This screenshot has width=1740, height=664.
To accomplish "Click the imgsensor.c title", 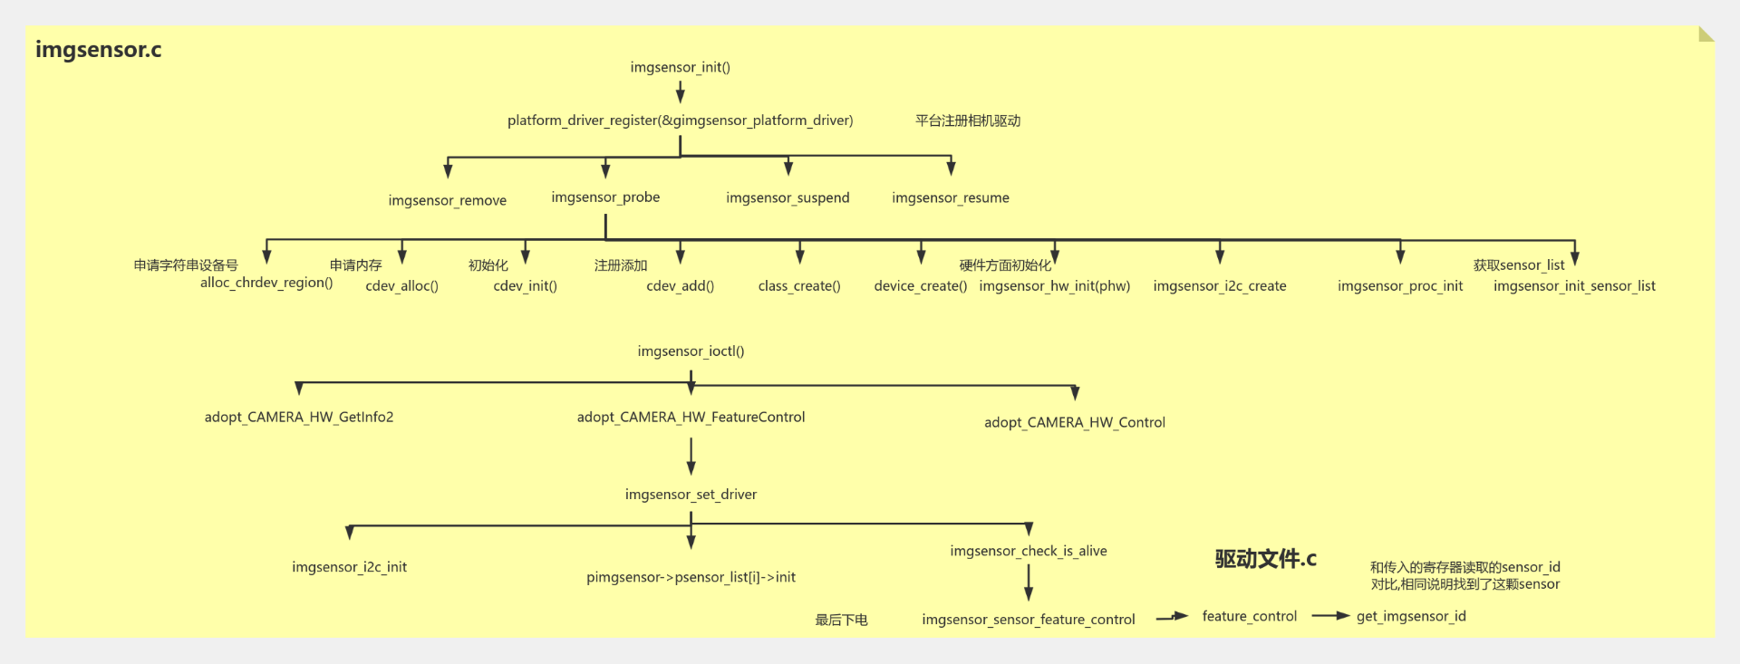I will tap(98, 50).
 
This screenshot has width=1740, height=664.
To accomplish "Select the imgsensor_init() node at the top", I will tap(680, 67).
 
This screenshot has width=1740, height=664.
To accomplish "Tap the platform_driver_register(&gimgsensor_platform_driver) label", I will tap(680, 120).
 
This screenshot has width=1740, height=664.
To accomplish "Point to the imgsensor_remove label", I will tap(447, 200).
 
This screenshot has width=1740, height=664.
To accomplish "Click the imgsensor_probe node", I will tap(605, 197).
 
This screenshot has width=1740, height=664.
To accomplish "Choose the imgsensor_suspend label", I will tap(788, 197).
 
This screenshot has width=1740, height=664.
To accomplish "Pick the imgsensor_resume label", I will tap(950, 197).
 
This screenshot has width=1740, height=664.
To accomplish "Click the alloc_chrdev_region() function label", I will tap(266, 283).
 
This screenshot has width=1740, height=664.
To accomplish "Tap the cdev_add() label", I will tap(680, 286).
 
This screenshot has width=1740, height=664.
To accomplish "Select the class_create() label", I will tap(799, 286).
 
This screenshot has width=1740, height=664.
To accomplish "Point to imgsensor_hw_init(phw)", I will tap(1055, 286).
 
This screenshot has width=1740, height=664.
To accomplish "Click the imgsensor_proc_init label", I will tap(1400, 286).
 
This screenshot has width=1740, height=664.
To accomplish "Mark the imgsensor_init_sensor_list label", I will tap(1574, 286).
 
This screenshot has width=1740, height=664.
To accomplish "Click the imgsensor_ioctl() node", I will tap(691, 351).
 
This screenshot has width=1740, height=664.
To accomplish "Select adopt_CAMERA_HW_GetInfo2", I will tap(299, 417).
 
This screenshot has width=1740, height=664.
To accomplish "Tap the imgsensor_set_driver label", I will tap(691, 495).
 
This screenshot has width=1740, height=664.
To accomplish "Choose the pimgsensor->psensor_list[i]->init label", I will tap(691, 577).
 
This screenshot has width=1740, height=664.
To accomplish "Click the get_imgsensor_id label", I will tap(1411, 617).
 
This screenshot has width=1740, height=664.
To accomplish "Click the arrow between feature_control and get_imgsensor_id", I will tap(1329, 616).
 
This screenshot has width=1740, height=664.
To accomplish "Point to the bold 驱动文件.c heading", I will tap(1265, 559).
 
